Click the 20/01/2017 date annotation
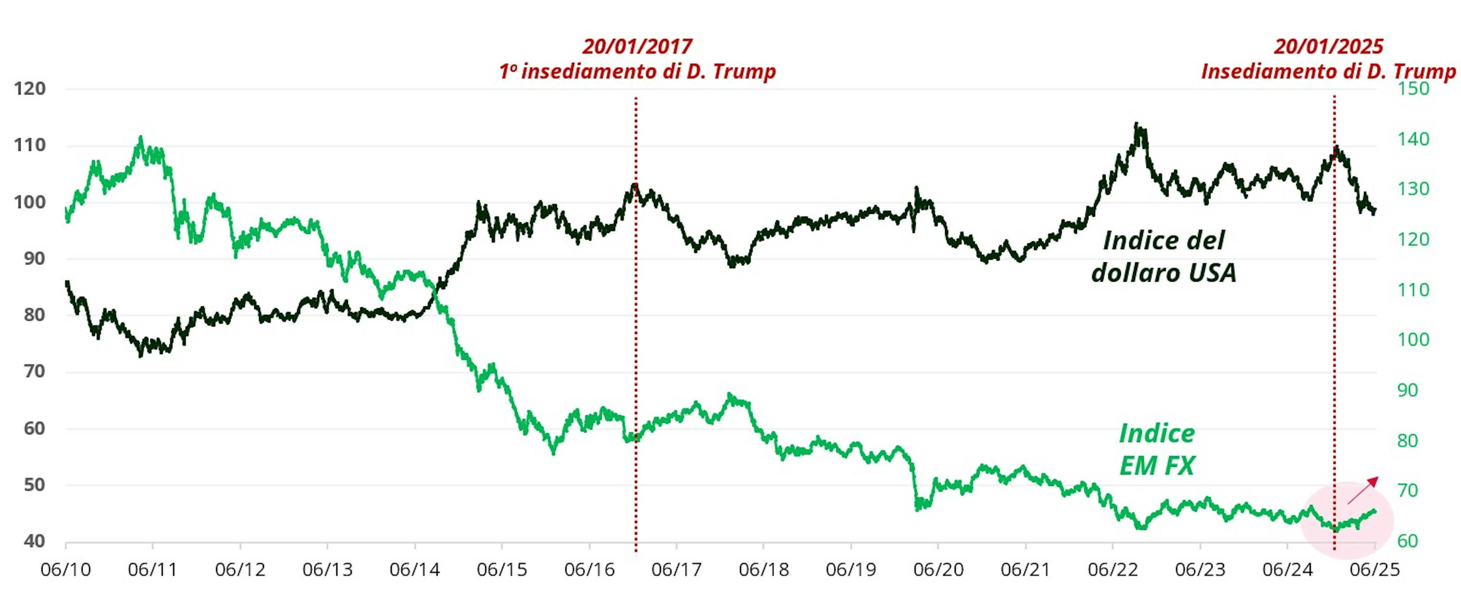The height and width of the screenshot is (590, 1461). pos(637,46)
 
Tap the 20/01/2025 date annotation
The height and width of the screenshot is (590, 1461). pos(1328,46)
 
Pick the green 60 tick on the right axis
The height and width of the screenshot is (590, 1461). pos(1408,541)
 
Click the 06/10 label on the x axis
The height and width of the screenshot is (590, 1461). pos(66,569)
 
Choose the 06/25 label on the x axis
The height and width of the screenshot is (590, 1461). pos(1375,569)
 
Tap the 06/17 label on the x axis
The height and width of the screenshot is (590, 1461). pos(676,569)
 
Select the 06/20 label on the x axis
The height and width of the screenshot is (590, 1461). pos(938,569)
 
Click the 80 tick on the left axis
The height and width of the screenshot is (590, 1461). pos(34,315)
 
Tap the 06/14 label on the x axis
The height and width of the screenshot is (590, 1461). pos(415,569)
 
